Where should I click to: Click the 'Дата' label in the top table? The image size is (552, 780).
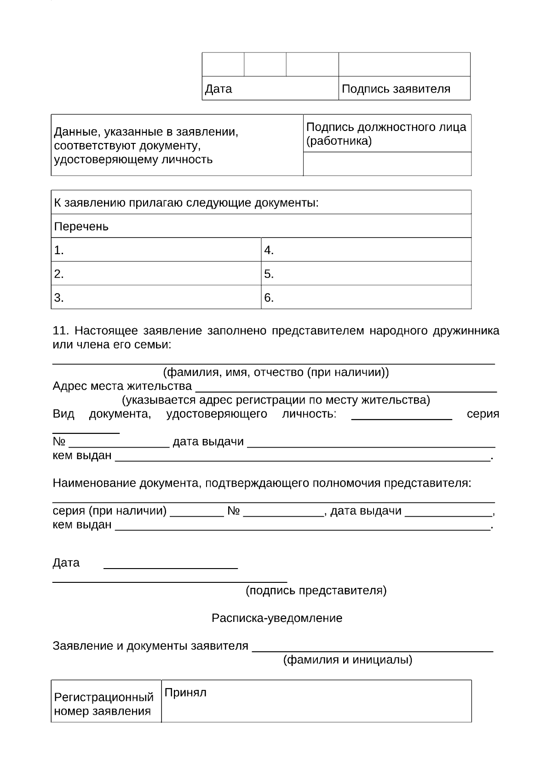(x=218, y=89)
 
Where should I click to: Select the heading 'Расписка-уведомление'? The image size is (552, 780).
(x=277, y=618)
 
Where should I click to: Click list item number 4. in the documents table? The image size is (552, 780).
(x=269, y=251)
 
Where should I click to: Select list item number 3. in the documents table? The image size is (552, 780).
(x=59, y=298)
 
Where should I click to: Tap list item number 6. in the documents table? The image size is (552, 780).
(x=269, y=298)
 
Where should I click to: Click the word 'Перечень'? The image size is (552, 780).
(x=81, y=227)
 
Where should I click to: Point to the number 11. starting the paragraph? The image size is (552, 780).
(x=61, y=331)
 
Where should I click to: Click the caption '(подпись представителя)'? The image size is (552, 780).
(x=316, y=590)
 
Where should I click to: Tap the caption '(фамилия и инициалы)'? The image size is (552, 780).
(x=347, y=660)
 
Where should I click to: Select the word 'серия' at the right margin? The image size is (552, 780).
(x=483, y=414)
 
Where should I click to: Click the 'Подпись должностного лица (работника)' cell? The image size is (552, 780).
(x=386, y=133)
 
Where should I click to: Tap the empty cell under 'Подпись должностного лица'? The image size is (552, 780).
(x=387, y=164)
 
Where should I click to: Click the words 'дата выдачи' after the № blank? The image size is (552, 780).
(x=208, y=442)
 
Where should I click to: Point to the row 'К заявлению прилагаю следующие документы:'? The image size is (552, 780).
(x=186, y=203)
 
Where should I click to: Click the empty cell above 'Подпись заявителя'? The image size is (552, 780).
(x=404, y=64)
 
